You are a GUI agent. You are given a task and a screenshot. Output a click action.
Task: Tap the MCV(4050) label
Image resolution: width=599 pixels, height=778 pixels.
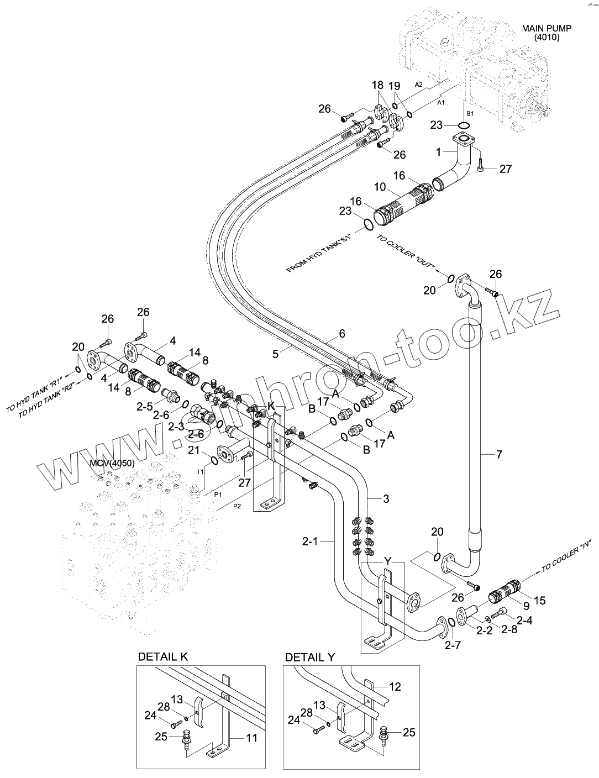click(112, 463)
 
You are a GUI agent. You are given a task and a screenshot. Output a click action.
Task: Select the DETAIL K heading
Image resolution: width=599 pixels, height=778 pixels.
click(163, 656)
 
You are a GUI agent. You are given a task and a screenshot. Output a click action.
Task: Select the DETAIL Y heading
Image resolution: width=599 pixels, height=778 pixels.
click(310, 657)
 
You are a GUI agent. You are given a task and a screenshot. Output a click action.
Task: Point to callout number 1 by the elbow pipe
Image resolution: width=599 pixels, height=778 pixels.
click(438, 151)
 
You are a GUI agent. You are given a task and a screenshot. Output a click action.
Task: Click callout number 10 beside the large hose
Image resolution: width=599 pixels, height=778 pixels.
click(380, 187)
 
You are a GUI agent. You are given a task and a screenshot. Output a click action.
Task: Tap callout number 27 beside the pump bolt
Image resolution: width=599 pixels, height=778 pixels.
click(506, 169)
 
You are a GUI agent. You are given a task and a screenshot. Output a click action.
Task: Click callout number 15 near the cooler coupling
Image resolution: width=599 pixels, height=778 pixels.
click(539, 600)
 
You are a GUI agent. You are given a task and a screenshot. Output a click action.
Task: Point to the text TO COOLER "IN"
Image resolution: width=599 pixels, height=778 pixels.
click(566, 555)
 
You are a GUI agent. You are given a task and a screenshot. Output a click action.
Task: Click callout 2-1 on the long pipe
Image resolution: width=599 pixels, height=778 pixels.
click(325, 542)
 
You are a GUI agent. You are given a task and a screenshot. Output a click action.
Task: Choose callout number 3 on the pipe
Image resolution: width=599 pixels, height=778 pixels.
click(386, 499)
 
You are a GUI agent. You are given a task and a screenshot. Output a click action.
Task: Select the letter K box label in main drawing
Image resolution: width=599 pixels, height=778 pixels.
click(271, 406)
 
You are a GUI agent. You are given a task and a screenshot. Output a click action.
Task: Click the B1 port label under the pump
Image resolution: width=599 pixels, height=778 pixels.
click(469, 113)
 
